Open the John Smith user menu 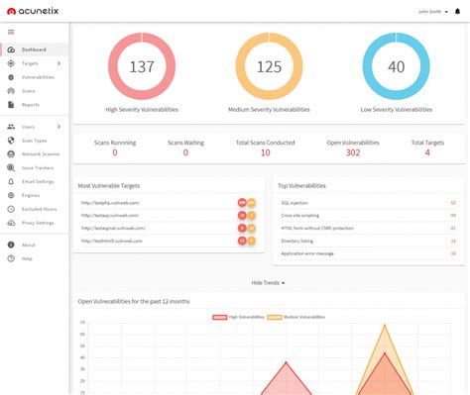pos(431,12)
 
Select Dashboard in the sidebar pos(34,49)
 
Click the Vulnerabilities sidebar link pos(38,76)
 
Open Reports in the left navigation pos(30,104)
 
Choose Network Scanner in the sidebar pos(41,153)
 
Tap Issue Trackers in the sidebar pos(38,167)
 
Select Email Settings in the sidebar pos(38,181)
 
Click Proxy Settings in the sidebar pos(38,223)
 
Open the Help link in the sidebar pos(27,258)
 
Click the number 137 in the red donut pos(143,67)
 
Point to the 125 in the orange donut pos(270,67)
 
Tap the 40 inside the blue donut pos(396,67)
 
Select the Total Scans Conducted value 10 pos(266,152)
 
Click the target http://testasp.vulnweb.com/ pos(109,215)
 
